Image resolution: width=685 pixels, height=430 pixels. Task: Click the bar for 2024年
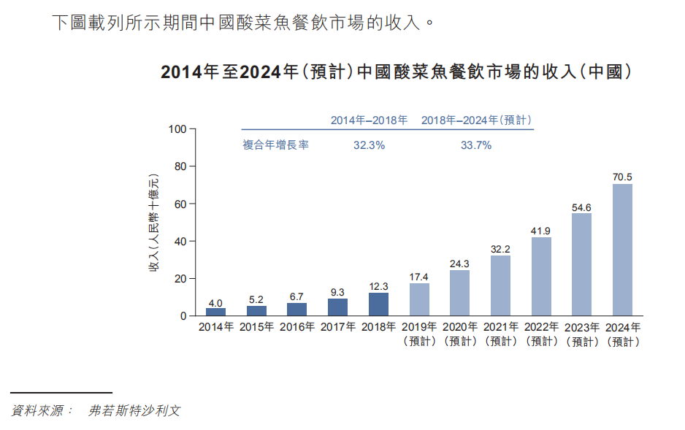click(x=622, y=250)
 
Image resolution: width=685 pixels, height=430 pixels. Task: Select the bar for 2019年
click(x=419, y=299)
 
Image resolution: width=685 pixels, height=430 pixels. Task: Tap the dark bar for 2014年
click(x=215, y=312)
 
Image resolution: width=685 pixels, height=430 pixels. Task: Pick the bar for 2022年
click(x=541, y=277)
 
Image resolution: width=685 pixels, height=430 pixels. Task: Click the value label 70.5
click(x=622, y=177)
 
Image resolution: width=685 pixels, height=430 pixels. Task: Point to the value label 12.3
click(x=378, y=286)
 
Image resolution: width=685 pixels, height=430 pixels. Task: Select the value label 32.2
click(x=500, y=249)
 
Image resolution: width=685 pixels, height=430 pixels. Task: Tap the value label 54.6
click(x=581, y=207)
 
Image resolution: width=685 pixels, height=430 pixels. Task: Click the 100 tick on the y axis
click(x=177, y=129)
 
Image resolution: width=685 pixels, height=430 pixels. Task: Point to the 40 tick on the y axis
click(x=180, y=242)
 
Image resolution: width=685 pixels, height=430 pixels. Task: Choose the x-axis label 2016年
click(x=297, y=328)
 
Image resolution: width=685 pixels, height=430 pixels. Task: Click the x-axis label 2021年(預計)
click(x=500, y=334)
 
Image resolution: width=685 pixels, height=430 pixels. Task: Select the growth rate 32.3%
click(x=369, y=145)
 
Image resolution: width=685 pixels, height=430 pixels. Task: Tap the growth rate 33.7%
click(x=475, y=145)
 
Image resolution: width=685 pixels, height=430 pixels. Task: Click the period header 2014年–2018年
click(x=369, y=120)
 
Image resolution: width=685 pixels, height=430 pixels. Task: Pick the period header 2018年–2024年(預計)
click(x=476, y=120)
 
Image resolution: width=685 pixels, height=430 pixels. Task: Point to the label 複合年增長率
click(x=275, y=145)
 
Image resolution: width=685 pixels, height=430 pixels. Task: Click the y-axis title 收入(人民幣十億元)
click(x=154, y=223)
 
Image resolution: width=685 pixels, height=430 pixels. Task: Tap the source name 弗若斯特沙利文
click(x=134, y=411)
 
